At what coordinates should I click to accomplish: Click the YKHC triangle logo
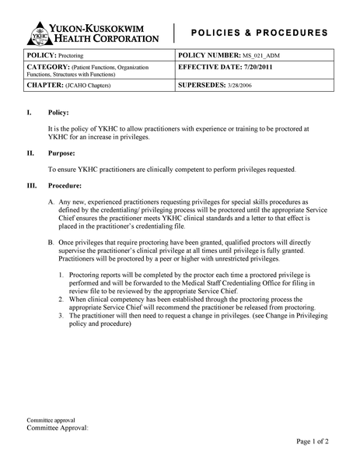tap(38, 33)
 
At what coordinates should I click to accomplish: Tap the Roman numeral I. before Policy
tap(30, 113)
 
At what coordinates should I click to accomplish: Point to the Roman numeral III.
tap(32, 186)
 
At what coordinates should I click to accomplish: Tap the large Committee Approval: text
tap(58, 428)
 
